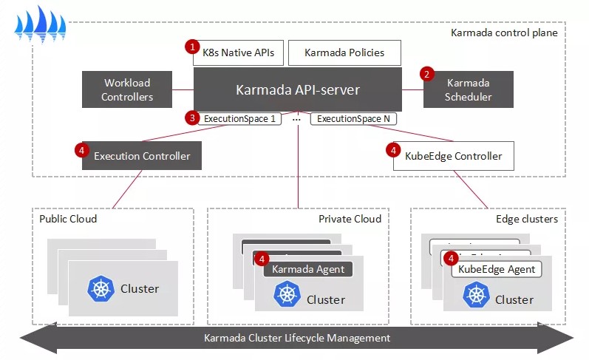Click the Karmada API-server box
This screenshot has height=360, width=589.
pyautogui.click(x=298, y=90)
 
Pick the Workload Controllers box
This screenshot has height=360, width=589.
pyautogui.click(x=127, y=90)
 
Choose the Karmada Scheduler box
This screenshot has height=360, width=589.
pyautogui.click(x=468, y=90)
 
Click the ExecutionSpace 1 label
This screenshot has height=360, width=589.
pyautogui.click(x=239, y=118)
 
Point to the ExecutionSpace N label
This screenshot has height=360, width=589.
pyautogui.click(x=353, y=118)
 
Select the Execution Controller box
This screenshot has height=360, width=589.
pyautogui.click(x=142, y=156)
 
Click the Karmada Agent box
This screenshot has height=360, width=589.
pyautogui.click(x=308, y=269)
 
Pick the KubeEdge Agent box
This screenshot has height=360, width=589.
pyautogui.click(x=497, y=269)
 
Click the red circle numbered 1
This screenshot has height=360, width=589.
pyautogui.click(x=193, y=47)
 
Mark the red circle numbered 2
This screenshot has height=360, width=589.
pyautogui.click(x=426, y=74)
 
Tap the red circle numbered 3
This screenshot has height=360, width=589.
pyautogui.click(x=192, y=117)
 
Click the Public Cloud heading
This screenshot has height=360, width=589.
pyautogui.click(x=68, y=219)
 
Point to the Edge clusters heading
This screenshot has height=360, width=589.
pyautogui.click(x=525, y=219)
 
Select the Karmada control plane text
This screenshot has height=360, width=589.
pyautogui.click(x=504, y=33)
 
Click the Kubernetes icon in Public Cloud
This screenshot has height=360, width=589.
pyautogui.click(x=98, y=288)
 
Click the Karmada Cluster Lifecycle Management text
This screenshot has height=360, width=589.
pyautogui.click(x=296, y=338)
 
